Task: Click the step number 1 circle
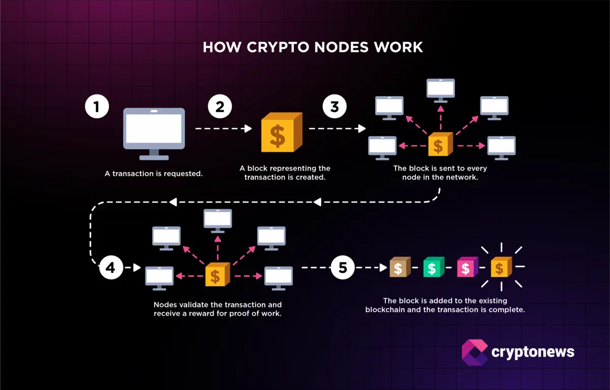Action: [x=97, y=107]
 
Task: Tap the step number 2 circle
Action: [x=220, y=107]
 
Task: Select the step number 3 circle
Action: [x=334, y=107]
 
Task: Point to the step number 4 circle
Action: [x=111, y=267]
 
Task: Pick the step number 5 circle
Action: [x=343, y=267]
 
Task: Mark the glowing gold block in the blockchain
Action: [x=501, y=267]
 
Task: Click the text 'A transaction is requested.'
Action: [x=154, y=174]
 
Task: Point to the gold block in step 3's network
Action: [x=440, y=145]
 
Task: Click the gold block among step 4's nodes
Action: [x=218, y=275]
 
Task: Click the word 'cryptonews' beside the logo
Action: [x=533, y=352]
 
